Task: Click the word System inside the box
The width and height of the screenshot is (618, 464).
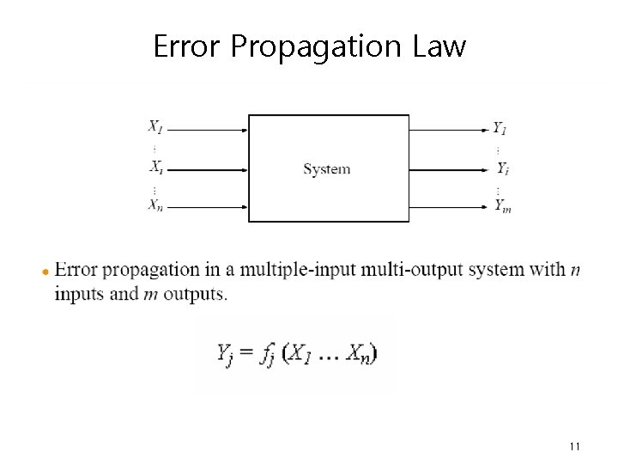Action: coord(327,169)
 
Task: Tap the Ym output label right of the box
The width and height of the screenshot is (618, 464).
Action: coord(502,205)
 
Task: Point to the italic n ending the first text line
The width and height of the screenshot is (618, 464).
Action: coord(574,271)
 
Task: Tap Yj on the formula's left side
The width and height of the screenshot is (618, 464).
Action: coord(224,354)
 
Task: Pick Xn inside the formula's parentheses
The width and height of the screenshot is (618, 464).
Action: coord(360,354)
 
